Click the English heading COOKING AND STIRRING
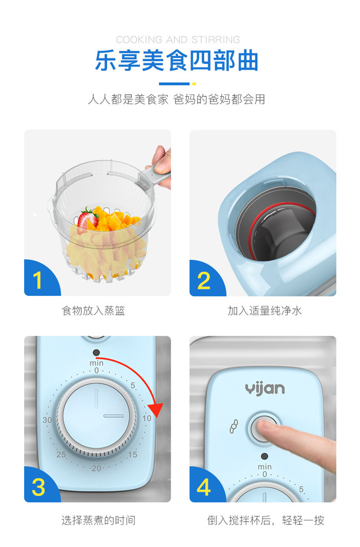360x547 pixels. tap(178, 40)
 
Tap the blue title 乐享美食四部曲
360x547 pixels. tap(177, 61)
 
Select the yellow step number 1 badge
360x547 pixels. tap(37, 280)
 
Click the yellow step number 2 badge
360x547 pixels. tap(204, 281)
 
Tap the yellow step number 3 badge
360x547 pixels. tap(38, 487)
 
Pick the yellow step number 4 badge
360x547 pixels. tap(204, 487)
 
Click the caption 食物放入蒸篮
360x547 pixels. tap(93, 310)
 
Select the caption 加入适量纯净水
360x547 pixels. tap(265, 310)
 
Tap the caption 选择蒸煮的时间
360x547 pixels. tap(98, 520)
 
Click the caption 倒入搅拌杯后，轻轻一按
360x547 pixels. tap(265, 520)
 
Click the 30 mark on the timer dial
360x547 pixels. tap(47, 420)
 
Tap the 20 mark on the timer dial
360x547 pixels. tap(96, 468)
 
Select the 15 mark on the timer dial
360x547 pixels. tap(133, 455)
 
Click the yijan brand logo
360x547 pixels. tap(265, 389)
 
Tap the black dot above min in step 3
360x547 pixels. tap(96, 353)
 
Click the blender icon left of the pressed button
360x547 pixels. tap(234, 426)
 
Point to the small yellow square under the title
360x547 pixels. tap(194, 84)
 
